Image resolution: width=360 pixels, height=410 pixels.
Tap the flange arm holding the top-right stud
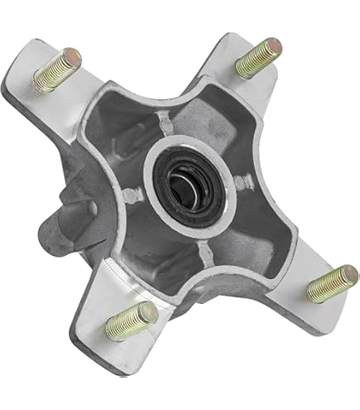pyautogui.click(x=240, y=83)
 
